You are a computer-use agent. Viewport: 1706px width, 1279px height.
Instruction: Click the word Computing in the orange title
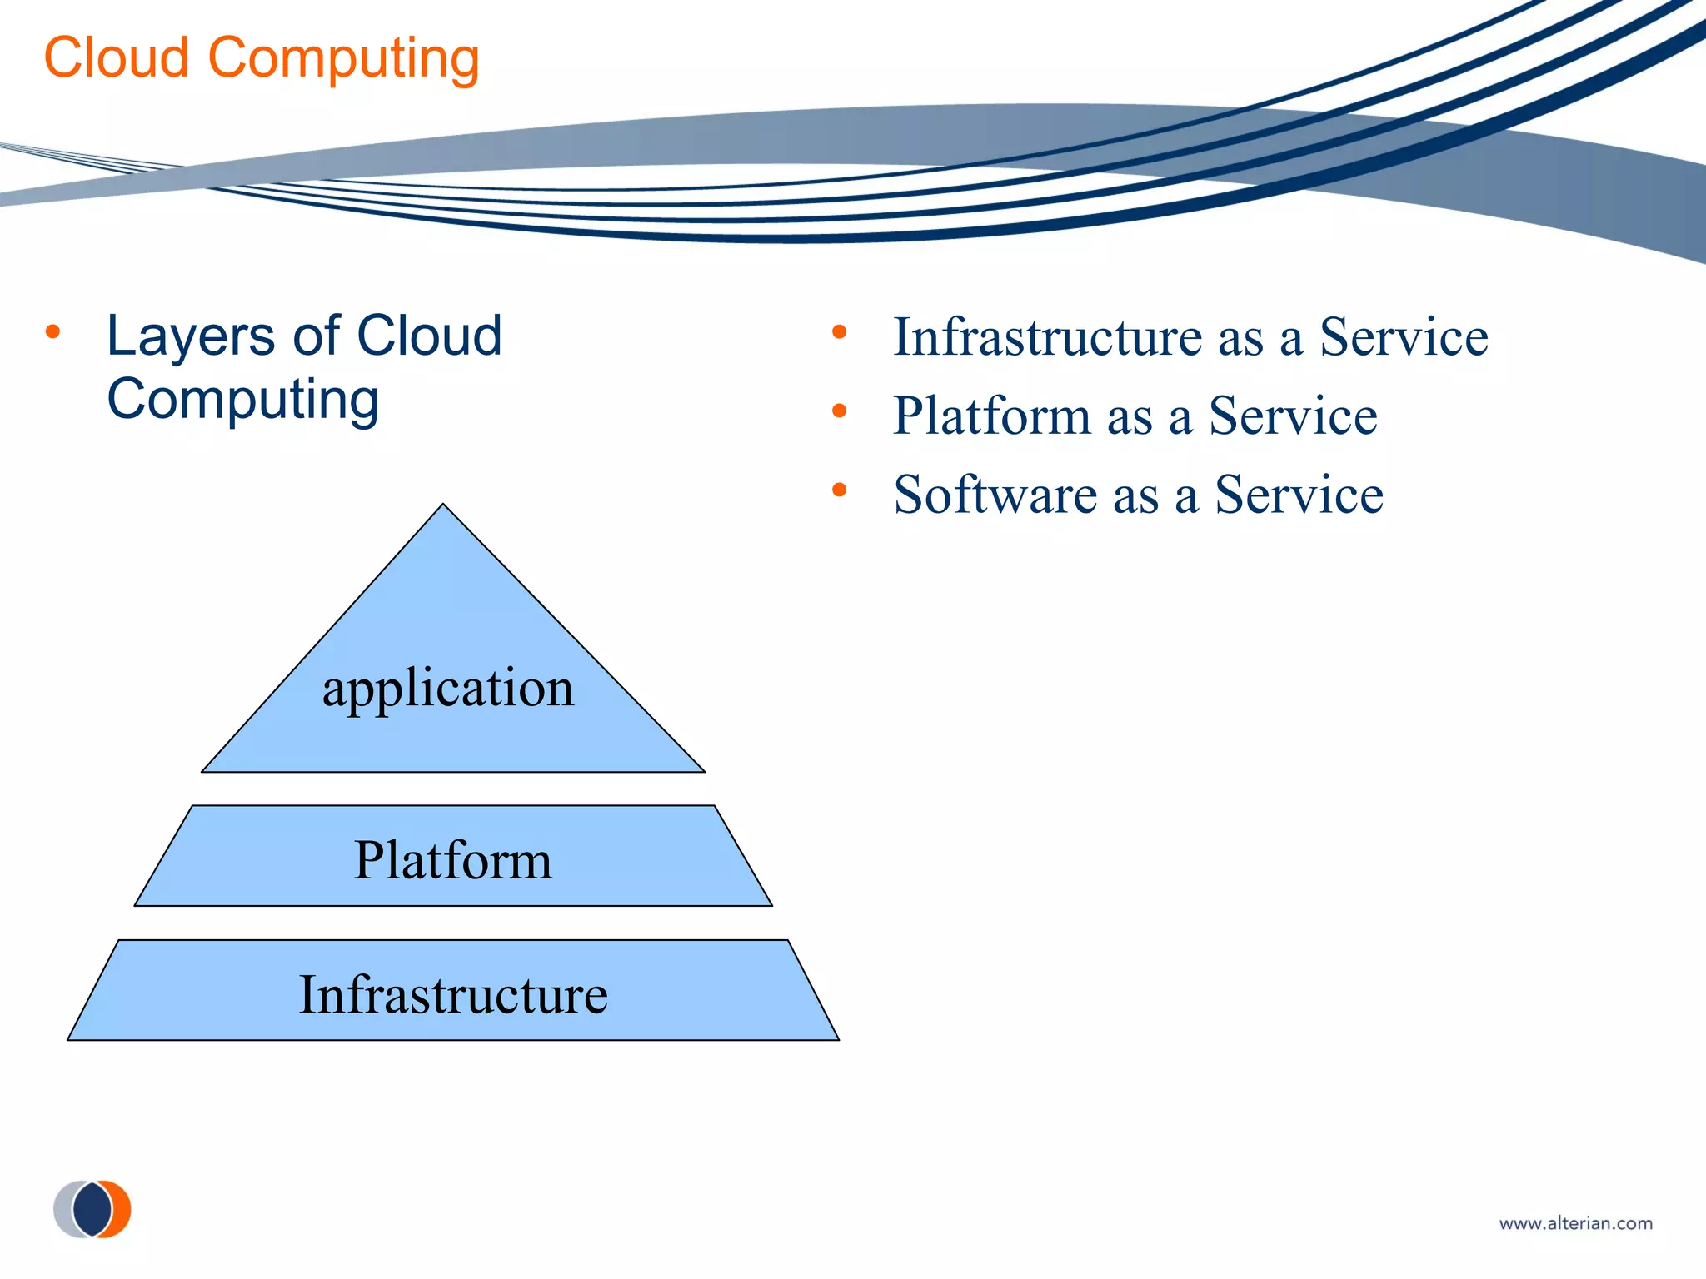pyautogui.click(x=343, y=60)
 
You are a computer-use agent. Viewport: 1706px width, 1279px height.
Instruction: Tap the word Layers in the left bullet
pyautogui.click(x=191, y=336)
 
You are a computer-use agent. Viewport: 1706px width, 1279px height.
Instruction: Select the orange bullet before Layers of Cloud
pyautogui.click(x=53, y=332)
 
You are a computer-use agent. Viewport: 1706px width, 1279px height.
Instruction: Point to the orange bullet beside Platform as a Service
pyautogui.click(x=839, y=411)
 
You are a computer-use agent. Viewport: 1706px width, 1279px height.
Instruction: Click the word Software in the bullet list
pyautogui.click(x=995, y=495)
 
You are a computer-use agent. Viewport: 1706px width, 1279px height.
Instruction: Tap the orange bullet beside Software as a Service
pyautogui.click(x=839, y=490)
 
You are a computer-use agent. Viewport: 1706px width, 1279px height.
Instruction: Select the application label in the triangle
pyautogui.click(x=448, y=688)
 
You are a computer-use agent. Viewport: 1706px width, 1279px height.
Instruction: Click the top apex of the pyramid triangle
pyautogui.click(x=443, y=506)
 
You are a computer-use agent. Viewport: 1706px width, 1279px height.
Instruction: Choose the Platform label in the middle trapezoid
pyautogui.click(x=452, y=860)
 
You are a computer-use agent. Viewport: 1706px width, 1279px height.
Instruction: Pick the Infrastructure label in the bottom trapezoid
pyautogui.click(x=453, y=994)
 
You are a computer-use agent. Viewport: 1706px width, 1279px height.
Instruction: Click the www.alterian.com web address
pyautogui.click(x=1575, y=1223)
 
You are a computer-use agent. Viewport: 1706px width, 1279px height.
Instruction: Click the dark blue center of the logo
pyautogui.click(x=92, y=1209)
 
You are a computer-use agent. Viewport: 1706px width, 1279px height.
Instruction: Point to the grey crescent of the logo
pyautogui.click(x=63, y=1209)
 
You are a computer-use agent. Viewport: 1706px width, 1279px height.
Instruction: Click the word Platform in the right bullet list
pyautogui.click(x=990, y=416)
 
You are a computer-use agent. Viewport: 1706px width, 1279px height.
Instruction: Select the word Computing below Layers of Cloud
pyautogui.click(x=242, y=401)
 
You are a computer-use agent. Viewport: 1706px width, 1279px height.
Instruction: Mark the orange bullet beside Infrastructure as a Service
pyautogui.click(x=839, y=332)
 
